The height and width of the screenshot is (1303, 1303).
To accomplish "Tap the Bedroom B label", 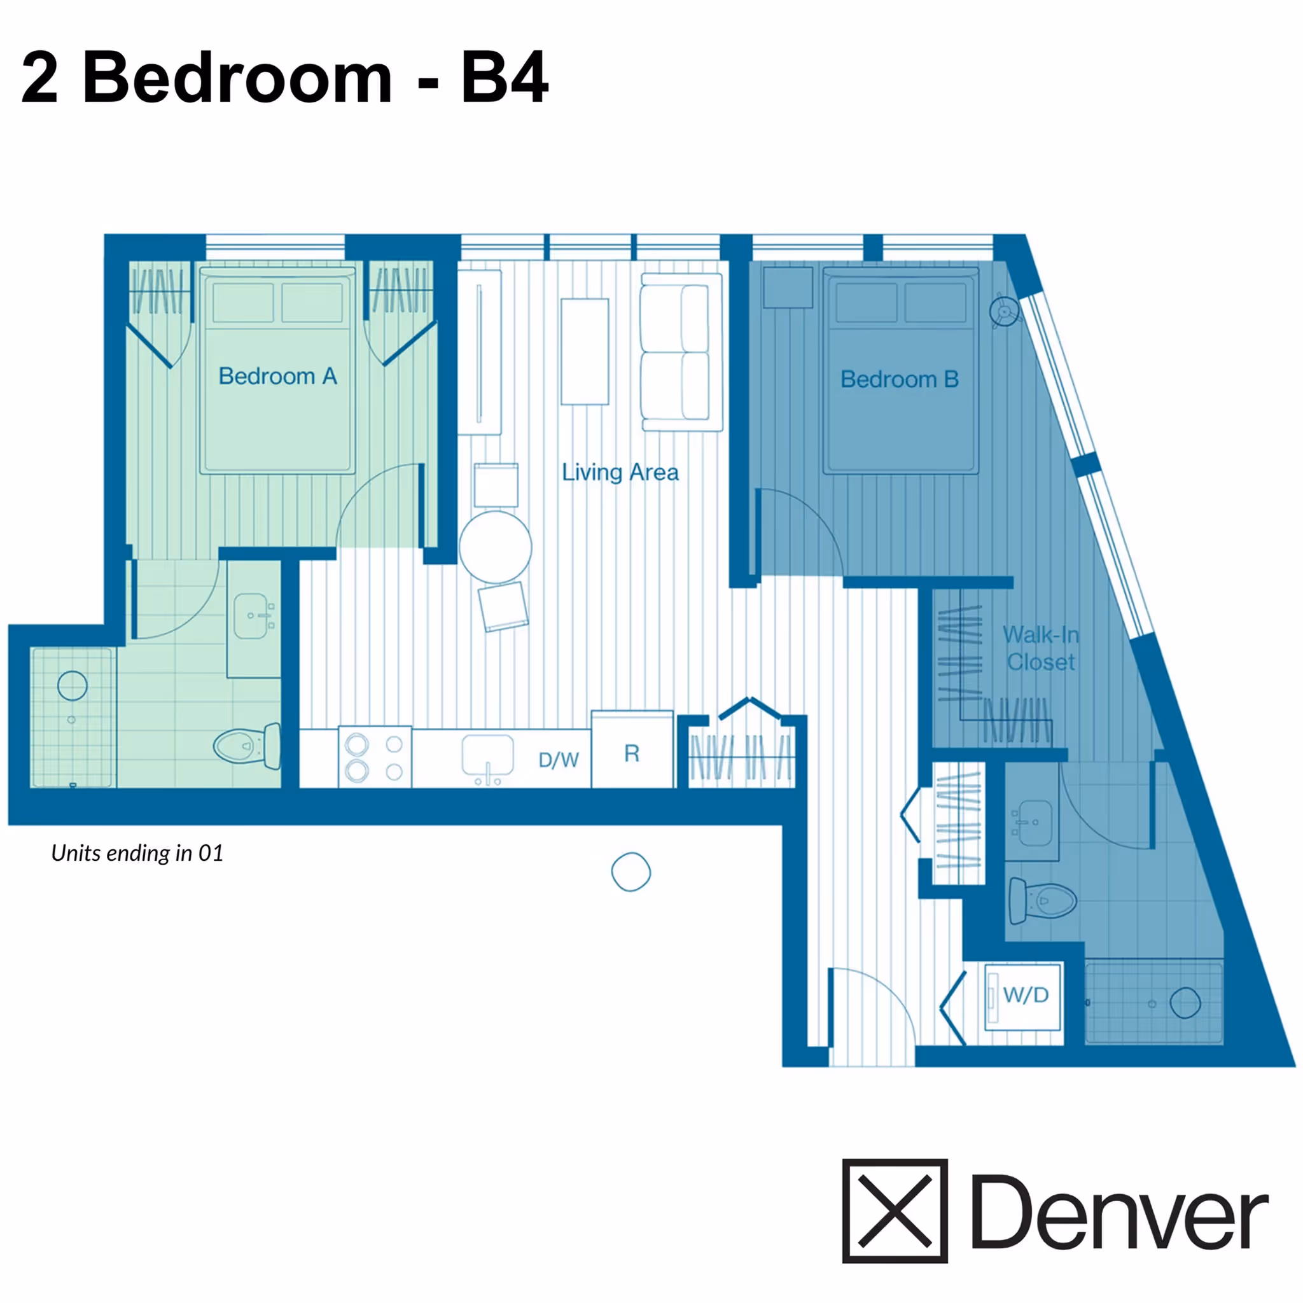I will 899,379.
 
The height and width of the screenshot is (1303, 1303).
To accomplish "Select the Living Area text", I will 620,472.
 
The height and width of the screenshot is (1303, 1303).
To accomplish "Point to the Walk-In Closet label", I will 1041,648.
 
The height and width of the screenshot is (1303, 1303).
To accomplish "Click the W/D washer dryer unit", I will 1023,996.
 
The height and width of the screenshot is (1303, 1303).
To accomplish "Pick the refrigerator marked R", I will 632,753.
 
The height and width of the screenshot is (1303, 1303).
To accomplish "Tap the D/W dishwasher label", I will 559,760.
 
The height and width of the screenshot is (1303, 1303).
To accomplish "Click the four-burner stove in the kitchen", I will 374,756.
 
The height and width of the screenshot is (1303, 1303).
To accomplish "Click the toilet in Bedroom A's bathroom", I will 247,745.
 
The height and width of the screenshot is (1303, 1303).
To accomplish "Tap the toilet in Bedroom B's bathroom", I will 1041,900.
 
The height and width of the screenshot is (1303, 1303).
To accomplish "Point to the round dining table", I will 496,547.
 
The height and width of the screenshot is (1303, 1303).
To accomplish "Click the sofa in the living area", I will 681,352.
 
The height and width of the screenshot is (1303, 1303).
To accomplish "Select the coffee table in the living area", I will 585,351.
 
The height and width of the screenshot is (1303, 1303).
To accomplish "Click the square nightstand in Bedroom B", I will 787,288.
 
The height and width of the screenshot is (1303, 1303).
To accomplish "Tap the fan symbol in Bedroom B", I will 1003,312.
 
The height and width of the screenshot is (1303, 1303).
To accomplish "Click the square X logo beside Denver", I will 895,1211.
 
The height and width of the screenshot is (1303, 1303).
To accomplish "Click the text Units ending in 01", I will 137,853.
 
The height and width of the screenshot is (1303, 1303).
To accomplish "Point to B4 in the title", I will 505,78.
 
